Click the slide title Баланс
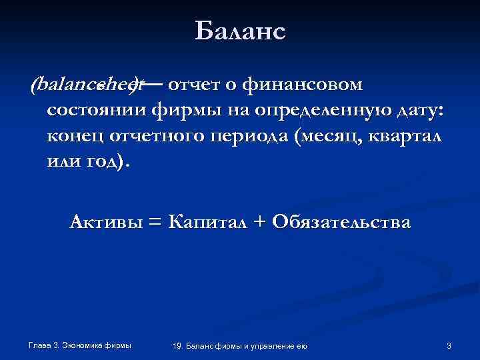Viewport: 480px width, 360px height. [240, 31]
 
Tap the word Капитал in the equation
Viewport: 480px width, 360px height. [210, 221]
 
